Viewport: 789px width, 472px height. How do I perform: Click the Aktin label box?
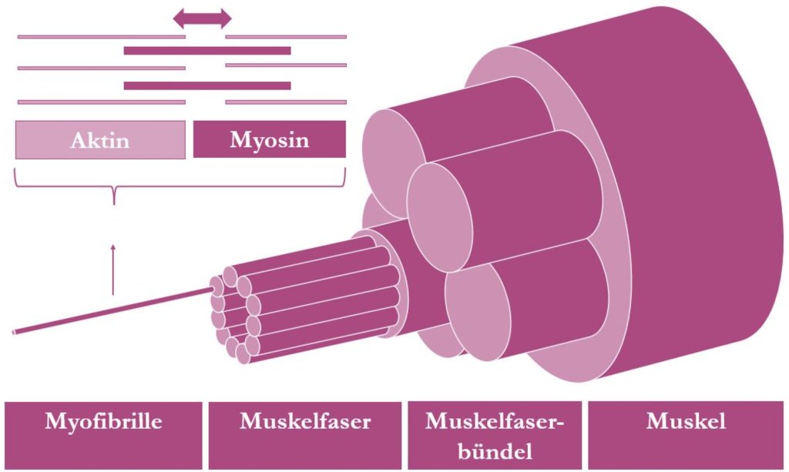pyautogui.click(x=100, y=139)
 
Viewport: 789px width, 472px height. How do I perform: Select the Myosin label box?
pyautogui.click(x=269, y=139)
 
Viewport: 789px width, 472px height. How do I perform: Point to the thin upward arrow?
pyautogui.click(x=113, y=269)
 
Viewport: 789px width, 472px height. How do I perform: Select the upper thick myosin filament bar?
pyautogui.click(x=206, y=51)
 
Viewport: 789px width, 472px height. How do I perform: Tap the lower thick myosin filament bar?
pyautogui.click(x=206, y=85)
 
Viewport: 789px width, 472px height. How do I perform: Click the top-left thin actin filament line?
pyautogui.click(x=101, y=36)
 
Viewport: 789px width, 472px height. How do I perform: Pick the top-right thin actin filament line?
pyautogui.click(x=285, y=36)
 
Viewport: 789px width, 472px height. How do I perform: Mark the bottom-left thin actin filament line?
pyautogui.click(x=101, y=102)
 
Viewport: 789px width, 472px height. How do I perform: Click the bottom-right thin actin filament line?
pyautogui.click(x=285, y=102)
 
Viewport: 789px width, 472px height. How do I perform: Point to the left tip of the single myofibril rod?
pyautogui.click(x=15, y=333)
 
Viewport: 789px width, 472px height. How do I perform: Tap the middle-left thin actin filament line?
pyautogui.click(x=101, y=68)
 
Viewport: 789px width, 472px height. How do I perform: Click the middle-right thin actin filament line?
pyautogui.click(x=285, y=65)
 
